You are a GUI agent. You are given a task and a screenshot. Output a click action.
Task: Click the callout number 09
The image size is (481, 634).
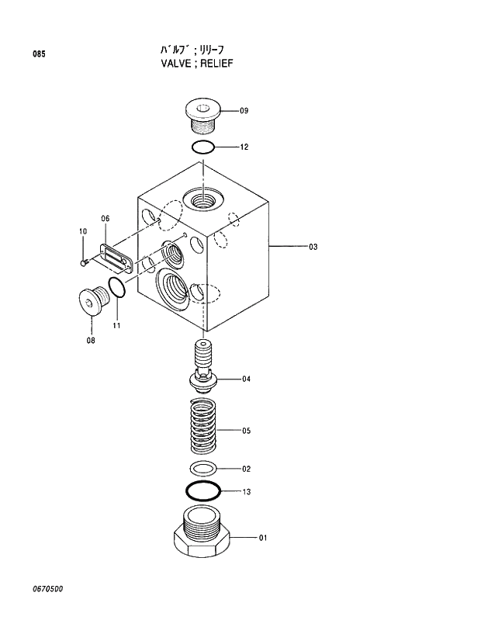pos(244,111)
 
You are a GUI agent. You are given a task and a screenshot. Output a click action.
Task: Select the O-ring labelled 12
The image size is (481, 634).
pos(202,147)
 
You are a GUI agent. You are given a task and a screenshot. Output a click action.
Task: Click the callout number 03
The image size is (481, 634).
pos(313,248)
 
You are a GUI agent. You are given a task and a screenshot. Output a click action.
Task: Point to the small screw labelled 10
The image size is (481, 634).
pos(84,263)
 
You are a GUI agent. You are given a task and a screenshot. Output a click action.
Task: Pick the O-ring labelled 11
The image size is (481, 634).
pos(117,287)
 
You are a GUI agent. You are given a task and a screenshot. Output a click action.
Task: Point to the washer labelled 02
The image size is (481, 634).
pos(203,469)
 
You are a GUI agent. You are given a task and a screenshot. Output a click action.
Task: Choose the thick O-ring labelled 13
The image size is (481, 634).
pos(203,491)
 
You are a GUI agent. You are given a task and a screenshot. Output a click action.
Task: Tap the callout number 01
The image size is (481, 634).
pos(262,537)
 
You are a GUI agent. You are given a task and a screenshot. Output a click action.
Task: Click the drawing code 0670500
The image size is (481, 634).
pos(47,589)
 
